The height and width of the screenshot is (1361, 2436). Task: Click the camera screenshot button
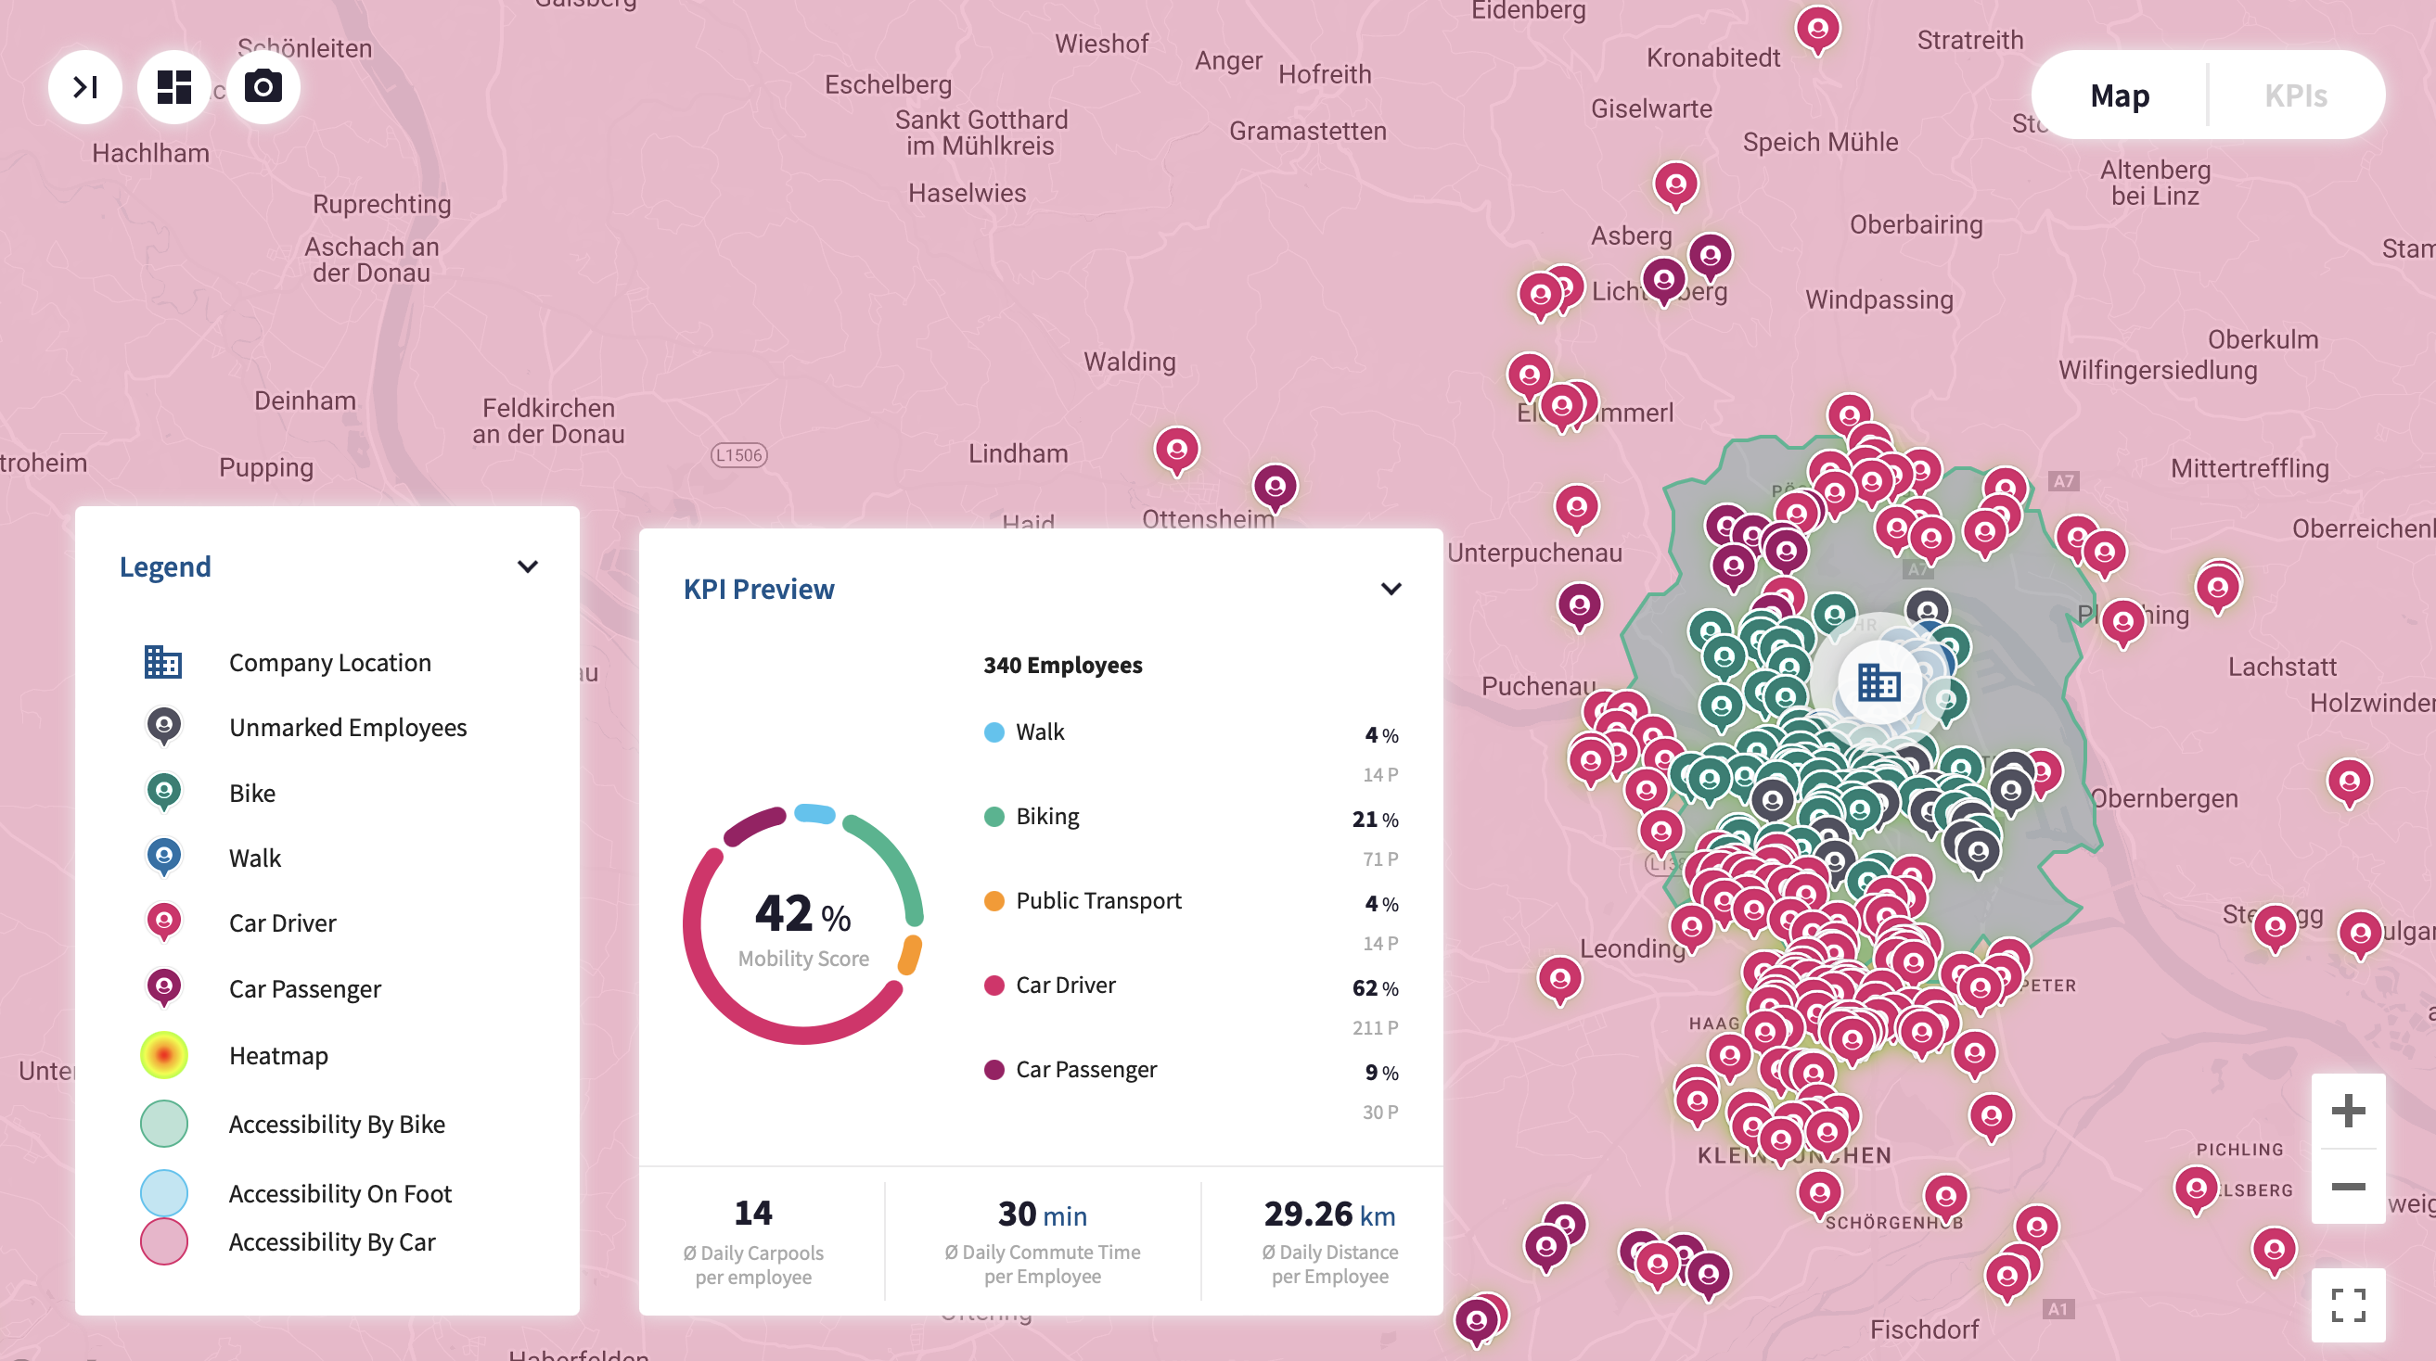click(263, 87)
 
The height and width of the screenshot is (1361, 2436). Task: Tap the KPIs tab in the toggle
click(2295, 95)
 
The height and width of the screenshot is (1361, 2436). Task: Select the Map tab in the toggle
click(2119, 95)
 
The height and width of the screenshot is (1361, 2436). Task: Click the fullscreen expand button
click(2348, 1305)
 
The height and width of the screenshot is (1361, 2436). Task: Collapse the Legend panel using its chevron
click(528, 566)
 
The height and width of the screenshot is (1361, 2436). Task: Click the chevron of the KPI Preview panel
click(1391, 589)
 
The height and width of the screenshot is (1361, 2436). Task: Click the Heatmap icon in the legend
click(163, 1055)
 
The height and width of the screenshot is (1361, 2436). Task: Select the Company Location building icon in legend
click(162, 662)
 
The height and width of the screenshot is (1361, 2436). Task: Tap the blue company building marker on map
click(1878, 681)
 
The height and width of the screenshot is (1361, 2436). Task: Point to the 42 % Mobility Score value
click(801, 913)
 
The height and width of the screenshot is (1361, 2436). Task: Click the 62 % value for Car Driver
click(1374, 987)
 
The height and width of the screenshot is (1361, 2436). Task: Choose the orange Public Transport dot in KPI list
click(993, 901)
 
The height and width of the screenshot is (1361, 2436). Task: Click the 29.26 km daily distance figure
click(1328, 1214)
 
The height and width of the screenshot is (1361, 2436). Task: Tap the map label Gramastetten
click(1307, 131)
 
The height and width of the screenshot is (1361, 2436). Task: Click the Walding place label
click(1129, 361)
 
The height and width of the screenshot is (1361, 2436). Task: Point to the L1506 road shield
click(738, 454)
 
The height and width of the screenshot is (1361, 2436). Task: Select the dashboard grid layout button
click(174, 87)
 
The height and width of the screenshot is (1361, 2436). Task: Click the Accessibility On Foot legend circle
click(163, 1193)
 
